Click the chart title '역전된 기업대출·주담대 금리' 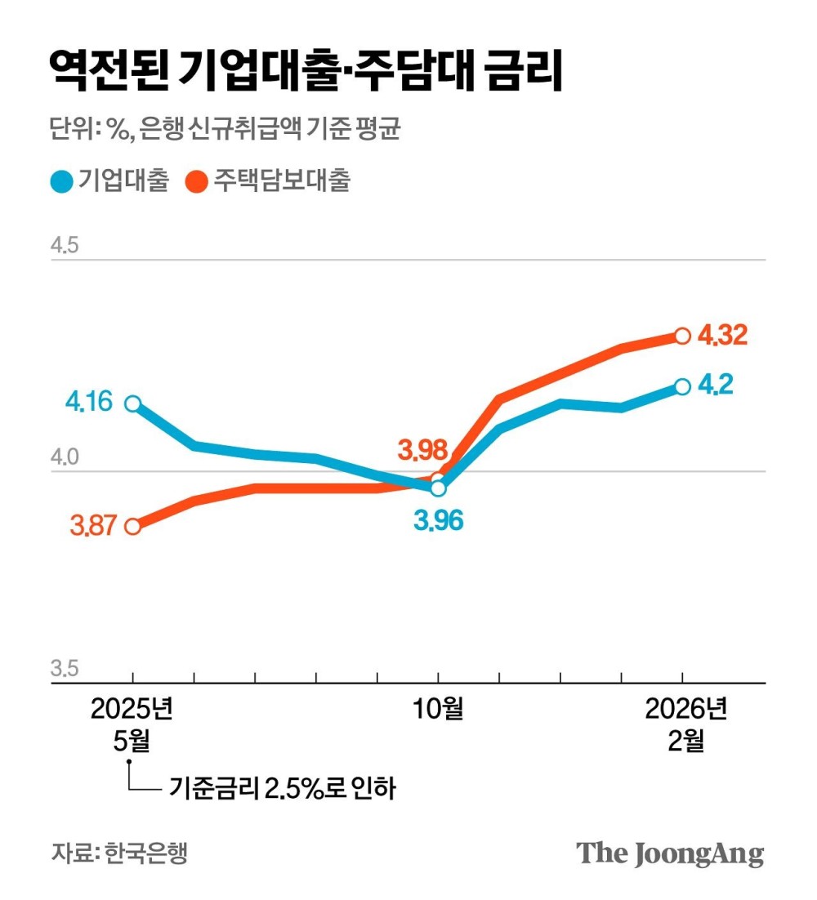pos(306,72)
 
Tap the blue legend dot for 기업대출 pos(61,181)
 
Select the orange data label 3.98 pos(422,449)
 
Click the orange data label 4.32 pos(722,335)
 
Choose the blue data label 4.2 pos(715,385)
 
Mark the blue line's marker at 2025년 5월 pos(132,403)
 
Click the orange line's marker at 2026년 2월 pos(682,336)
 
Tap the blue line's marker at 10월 pos(438,488)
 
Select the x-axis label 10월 pos(438,709)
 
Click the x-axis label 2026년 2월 pos(685,724)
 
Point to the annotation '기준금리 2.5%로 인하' pos(282,789)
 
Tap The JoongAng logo pos(670,853)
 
